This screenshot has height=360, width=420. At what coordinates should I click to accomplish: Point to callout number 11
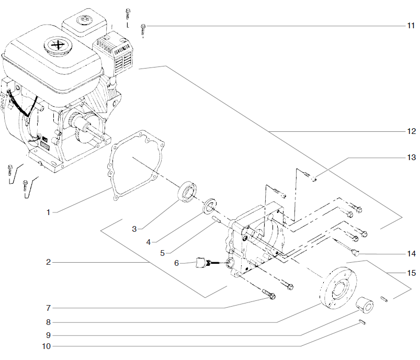[411, 25]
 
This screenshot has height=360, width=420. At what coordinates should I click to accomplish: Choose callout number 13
[411, 157]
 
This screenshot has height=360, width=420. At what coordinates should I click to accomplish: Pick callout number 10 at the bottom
[48, 346]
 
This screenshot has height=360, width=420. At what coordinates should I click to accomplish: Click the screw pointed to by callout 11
[144, 29]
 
